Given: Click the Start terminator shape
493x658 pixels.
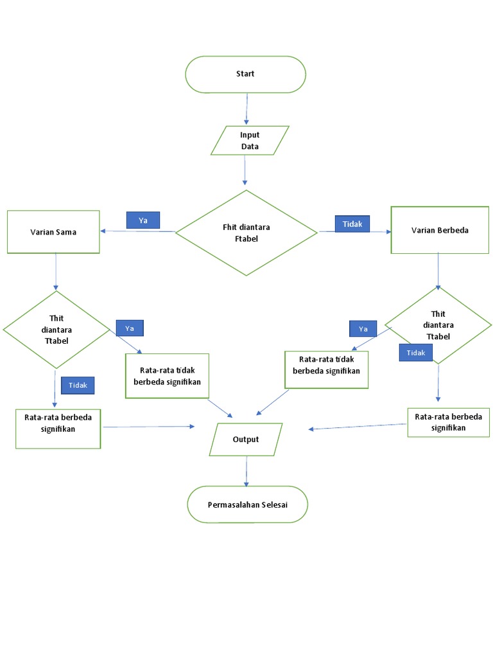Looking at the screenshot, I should click(x=245, y=74).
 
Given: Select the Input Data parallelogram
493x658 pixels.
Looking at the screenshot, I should click(x=250, y=141).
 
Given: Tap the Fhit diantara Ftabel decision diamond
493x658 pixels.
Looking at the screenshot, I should click(x=246, y=232).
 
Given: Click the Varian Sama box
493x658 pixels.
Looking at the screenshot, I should click(x=53, y=231).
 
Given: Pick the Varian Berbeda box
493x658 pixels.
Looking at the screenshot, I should click(x=440, y=229).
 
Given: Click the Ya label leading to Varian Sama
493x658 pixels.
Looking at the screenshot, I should click(x=143, y=220).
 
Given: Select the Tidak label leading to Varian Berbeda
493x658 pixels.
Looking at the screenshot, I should click(x=352, y=224).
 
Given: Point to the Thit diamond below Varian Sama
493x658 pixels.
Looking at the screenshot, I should click(x=56, y=329).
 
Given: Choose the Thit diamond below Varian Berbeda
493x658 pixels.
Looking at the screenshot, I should click(x=438, y=325).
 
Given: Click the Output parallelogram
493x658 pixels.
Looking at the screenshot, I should click(x=246, y=440).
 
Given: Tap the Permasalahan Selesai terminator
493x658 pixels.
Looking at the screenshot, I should click(x=247, y=504).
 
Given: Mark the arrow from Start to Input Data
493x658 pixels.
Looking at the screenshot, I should click(x=245, y=109).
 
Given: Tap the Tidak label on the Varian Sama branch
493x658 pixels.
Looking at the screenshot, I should click(x=78, y=385).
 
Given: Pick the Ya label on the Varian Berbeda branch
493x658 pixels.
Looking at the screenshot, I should click(x=363, y=328).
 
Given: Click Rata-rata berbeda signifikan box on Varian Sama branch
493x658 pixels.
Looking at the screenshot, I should click(x=58, y=427).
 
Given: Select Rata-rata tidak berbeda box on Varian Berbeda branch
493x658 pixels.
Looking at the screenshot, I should click(x=326, y=369).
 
